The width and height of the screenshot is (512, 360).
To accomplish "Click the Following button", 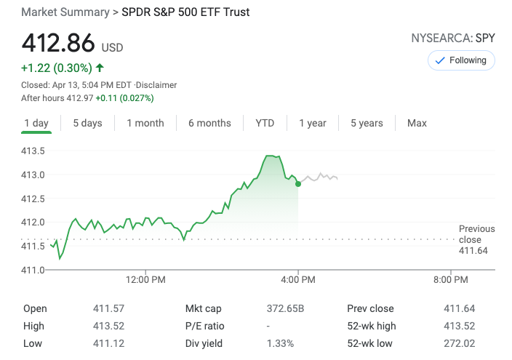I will (x=461, y=60).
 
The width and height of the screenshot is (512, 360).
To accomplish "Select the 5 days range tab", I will (x=87, y=123).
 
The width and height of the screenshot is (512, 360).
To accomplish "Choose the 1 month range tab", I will (x=145, y=123).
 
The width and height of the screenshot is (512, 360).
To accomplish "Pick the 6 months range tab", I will (x=209, y=123).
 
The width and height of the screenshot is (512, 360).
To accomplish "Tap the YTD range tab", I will (x=265, y=123).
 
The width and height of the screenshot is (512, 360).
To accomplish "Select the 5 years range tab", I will (x=367, y=123).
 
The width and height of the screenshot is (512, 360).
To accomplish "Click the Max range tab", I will (x=417, y=123).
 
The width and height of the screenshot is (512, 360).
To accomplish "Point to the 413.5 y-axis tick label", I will (x=33, y=151).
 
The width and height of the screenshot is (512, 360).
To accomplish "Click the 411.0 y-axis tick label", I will (x=33, y=270).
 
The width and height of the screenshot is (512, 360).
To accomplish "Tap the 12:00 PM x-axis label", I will (x=145, y=279).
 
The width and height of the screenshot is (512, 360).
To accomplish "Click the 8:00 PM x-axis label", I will (x=450, y=279).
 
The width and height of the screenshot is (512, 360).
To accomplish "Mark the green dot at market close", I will (x=298, y=184).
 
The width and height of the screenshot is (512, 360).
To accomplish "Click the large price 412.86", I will (x=59, y=44).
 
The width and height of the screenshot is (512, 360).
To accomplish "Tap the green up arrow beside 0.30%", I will (x=100, y=68).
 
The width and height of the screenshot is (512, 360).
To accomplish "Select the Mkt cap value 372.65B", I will (x=285, y=308).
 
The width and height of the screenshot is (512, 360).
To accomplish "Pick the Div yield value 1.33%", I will (x=281, y=343).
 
